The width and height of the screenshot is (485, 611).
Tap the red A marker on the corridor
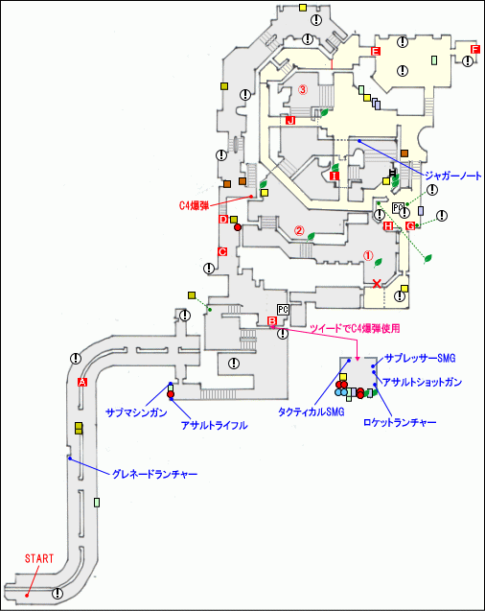tap(81, 382)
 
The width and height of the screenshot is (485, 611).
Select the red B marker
tap(271, 321)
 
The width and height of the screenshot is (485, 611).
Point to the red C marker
tap(222, 251)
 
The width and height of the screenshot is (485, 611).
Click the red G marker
tap(410, 225)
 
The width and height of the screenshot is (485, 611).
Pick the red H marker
tap(388, 226)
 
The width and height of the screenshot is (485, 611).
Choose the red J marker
tap(289, 121)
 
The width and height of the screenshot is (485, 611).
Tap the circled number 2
tap(299, 230)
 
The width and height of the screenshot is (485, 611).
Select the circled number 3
tap(302, 90)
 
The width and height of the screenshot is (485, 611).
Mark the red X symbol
tap(377, 283)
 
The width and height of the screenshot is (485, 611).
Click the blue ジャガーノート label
tap(447, 176)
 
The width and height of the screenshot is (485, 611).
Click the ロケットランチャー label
tap(400, 421)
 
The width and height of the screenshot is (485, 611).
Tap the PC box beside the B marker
tap(282, 309)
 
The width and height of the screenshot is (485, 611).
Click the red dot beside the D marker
tap(237, 227)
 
